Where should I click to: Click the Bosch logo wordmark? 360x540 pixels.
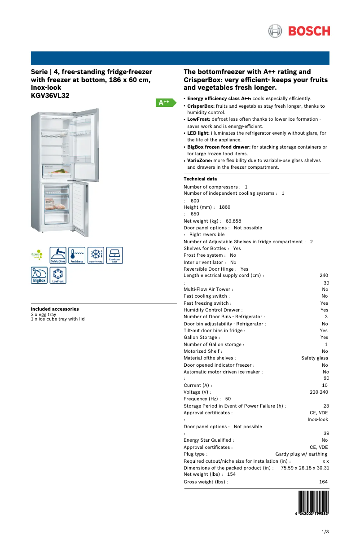(309, 31)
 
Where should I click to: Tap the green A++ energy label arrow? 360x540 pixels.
(165, 102)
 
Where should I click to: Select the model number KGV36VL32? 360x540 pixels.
(50, 96)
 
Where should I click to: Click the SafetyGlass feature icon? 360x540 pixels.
(58, 255)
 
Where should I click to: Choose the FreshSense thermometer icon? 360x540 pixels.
(77, 255)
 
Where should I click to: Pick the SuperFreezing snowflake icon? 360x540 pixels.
(96, 255)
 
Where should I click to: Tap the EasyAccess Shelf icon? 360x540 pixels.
(114, 255)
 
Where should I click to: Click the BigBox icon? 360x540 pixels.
(39, 275)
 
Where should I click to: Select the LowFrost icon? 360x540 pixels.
(58, 275)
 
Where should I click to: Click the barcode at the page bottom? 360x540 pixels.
(313, 505)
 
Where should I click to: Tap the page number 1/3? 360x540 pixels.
(325, 532)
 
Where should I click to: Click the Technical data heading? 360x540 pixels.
(200, 179)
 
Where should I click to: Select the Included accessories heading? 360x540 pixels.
(55, 309)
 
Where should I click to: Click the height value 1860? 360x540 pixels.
(225, 207)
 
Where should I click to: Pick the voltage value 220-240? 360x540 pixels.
(319, 392)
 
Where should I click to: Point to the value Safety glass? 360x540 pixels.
(315, 358)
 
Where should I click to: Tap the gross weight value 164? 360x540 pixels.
(323, 482)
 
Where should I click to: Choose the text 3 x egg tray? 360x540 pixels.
(44, 315)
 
